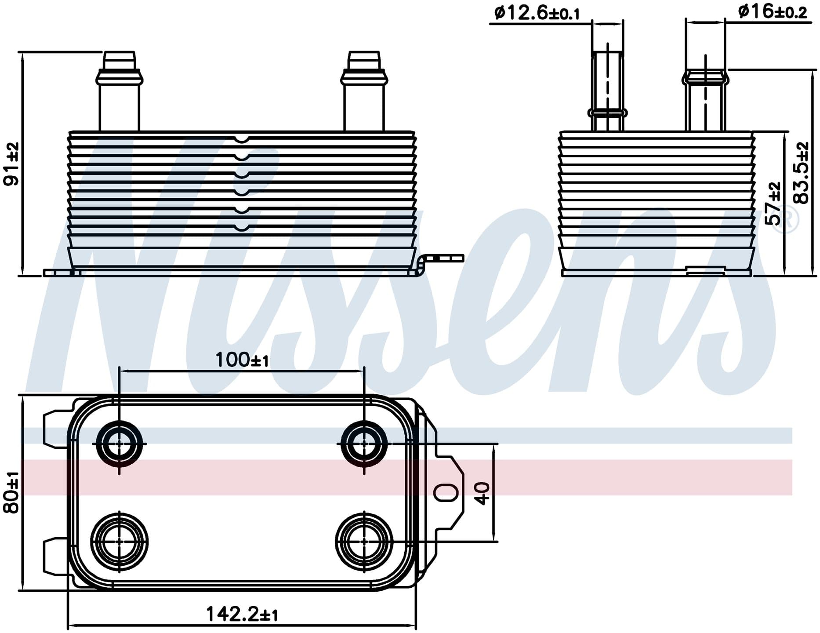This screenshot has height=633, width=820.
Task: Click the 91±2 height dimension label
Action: pos(12,164)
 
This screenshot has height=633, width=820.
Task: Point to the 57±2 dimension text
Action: pos(774,203)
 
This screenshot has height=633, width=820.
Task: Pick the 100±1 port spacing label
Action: pos(242,360)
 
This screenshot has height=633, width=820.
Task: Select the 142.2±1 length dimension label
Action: pos(242,614)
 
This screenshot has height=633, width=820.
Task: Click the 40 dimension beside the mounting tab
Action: pos(483,493)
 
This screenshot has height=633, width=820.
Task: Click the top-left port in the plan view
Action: pos(120,444)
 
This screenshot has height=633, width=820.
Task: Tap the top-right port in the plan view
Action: pos(364,444)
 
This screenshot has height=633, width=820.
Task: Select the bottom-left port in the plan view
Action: pos(120,542)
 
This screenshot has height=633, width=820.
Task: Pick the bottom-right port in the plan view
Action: pos(364,542)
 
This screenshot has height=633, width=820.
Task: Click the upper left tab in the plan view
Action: pos(57,427)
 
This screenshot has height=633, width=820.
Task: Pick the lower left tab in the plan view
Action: pos(57,557)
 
